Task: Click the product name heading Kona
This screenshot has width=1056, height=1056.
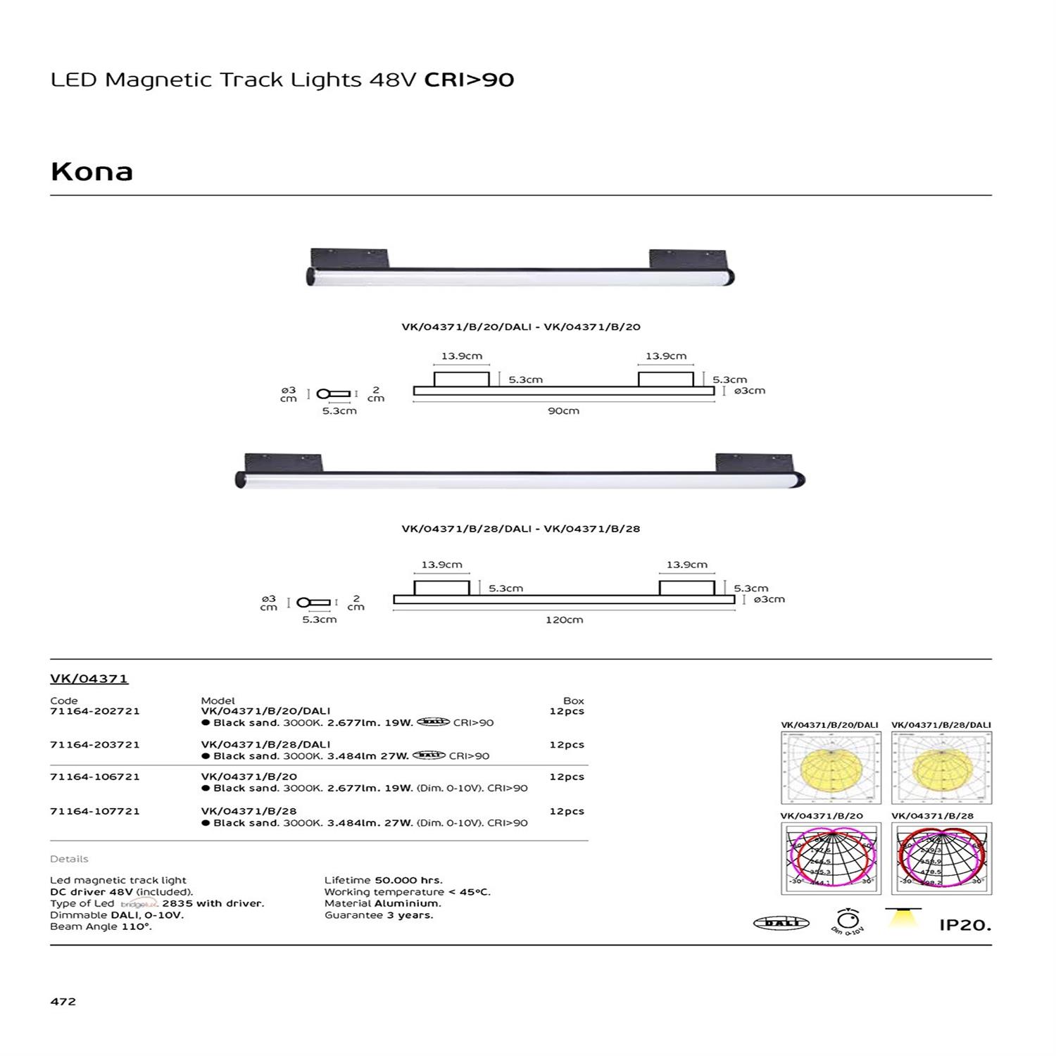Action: (x=92, y=172)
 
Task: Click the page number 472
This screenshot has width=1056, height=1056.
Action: (x=63, y=1001)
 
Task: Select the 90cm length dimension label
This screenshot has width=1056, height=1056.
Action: (x=563, y=410)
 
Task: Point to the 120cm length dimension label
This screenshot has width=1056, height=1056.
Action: (x=564, y=620)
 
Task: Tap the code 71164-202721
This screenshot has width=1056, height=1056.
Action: (x=94, y=711)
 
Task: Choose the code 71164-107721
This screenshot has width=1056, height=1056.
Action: (x=94, y=811)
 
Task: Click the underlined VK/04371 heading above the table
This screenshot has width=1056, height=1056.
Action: (x=89, y=679)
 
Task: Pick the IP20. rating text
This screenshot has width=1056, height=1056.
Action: (x=965, y=925)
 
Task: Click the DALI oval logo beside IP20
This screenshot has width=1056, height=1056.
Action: (x=781, y=923)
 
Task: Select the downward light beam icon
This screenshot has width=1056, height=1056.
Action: (x=903, y=918)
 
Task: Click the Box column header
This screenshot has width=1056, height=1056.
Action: (x=574, y=700)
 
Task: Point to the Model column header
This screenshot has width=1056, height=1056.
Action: (x=218, y=700)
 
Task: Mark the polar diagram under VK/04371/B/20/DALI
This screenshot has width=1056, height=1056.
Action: (x=831, y=767)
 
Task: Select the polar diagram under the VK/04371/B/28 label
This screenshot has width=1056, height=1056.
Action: (x=941, y=858)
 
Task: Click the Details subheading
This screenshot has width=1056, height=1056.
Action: (x=69, y=859)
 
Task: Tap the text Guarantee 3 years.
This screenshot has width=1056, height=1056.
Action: (x=379, y=915)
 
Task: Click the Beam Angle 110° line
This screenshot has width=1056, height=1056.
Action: (x=101, y=926)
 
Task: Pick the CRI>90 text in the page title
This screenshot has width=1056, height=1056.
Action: (x=469, y=80)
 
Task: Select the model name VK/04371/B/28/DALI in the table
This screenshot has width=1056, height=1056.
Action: (x=265, y=744)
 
